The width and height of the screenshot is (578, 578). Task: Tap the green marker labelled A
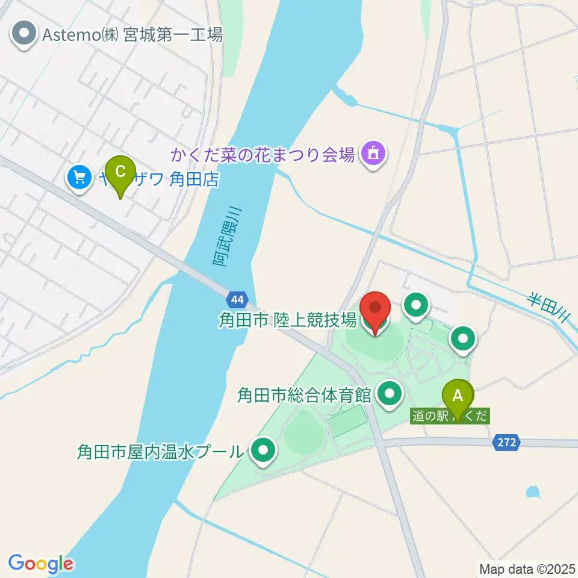(458, 397)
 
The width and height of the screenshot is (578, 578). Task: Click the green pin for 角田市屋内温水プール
(262, 452)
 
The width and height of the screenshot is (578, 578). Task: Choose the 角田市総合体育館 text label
(304, 396)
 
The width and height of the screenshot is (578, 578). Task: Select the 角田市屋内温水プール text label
(160, 451)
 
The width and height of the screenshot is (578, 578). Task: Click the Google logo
(40, 564)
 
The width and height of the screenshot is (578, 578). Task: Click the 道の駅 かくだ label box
(450, 415)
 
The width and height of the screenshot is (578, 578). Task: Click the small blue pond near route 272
(532, 492)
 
